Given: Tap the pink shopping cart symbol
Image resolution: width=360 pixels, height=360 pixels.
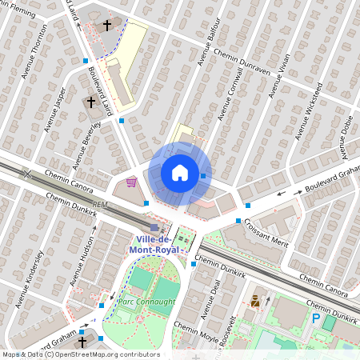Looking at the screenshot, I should pyautogui.click(x=131, y=182).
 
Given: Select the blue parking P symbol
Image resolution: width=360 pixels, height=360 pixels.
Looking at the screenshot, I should pyautogui.click(x=316, y=318).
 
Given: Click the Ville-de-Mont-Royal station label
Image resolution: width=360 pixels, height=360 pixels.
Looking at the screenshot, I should pyautogui.click(x=163, y=244).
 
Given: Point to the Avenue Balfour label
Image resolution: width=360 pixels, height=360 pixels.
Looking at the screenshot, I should pyautogui.click(x=207, y=42).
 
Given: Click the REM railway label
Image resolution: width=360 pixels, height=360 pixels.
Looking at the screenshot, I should pyautogui.click(x=100, y=205).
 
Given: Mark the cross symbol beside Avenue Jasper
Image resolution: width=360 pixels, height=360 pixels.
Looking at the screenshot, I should pyautogui.click(x=90, y=102).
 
